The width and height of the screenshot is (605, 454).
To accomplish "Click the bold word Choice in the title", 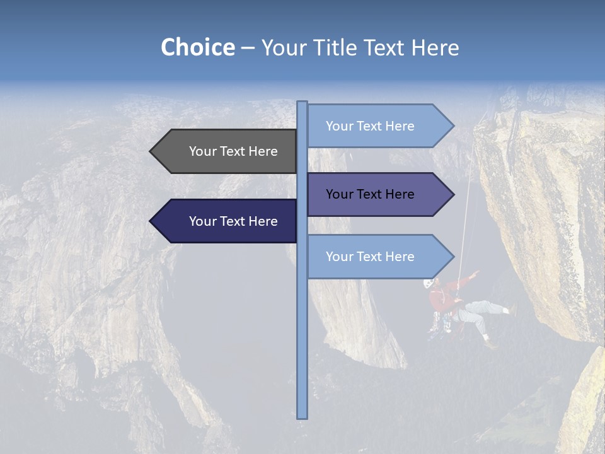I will (197, 47).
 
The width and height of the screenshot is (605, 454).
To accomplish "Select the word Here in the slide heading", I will (435, 47).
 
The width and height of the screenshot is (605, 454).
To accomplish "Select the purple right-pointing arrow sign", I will (378, 194).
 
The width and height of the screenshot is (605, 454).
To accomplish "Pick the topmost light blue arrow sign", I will (378, 126).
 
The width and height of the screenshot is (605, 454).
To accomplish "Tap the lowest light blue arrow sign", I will (378, 257).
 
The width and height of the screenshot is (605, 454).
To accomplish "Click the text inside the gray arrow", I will (233, 151).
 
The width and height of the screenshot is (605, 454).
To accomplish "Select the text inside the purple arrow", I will (370, 194).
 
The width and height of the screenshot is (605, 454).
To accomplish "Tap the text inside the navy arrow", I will (233, 221).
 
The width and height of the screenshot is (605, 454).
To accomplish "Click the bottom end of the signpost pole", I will (302, 416).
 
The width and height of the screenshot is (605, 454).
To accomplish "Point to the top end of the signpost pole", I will (302, 103).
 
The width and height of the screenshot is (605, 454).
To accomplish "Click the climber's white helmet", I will (429, 283).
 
